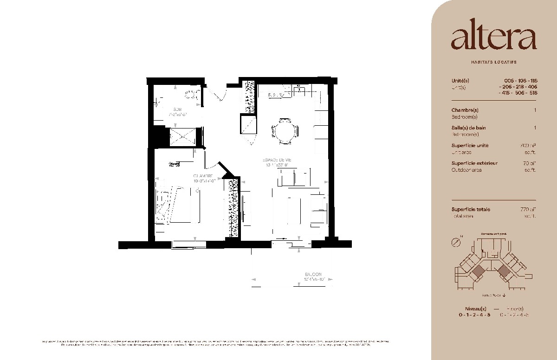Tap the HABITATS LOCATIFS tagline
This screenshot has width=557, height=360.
tap(493, 62)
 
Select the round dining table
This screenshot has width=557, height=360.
tap(284, 131)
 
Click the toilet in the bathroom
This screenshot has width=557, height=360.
tap(192, 96)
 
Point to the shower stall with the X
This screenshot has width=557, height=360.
tap(182, 137)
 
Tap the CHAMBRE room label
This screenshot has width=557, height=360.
tap(203, 176)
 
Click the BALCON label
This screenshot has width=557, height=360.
tap(313, 275)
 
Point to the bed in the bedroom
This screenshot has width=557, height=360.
tap(179, 206)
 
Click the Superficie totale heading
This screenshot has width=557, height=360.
tap(471, 209)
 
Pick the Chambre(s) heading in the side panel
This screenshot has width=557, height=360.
tap(465, 110)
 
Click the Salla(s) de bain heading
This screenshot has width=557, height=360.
tap(468, 128)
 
